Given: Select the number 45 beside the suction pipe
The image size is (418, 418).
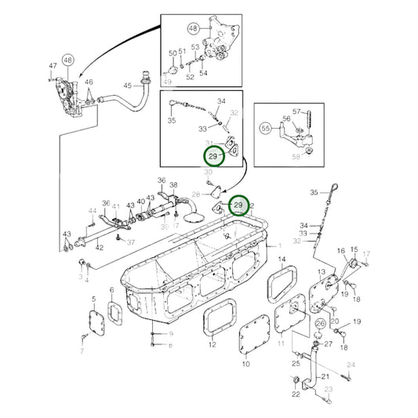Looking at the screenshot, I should [127, 85].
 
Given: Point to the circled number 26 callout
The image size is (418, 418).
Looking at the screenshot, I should [321, 323].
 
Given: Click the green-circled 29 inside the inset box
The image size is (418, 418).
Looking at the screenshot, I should [213, 156].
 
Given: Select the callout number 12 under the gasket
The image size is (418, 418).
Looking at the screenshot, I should [212, 344].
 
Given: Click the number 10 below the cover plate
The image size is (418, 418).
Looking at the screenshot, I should [245, 364].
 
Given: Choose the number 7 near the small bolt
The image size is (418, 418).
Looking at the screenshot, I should [81, 351].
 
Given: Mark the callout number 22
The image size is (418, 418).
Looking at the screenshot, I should [296, 394].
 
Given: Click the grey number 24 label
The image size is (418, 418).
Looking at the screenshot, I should [351, 365].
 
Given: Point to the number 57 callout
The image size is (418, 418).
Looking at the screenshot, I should [297, 111].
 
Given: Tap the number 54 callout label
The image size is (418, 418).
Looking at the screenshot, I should [203, 73].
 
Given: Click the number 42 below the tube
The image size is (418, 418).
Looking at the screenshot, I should [100, 247].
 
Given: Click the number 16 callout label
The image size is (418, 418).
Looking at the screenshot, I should [341, 251].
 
